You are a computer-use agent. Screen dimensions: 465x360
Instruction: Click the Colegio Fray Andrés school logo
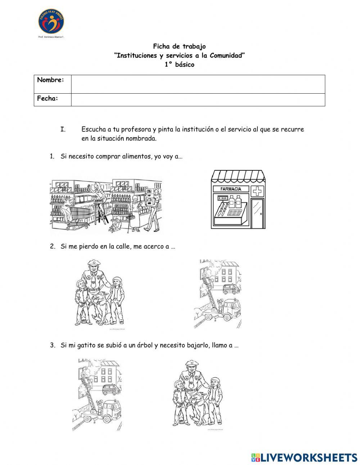[x=51, y=21]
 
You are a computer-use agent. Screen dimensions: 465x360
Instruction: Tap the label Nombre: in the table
[x=51, y=80]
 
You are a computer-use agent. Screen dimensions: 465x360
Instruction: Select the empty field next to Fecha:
[x=198, y=100]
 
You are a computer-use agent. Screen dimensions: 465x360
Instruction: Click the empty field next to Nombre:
[x=198, y=84]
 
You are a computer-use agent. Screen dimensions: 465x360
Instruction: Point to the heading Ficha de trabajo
[x=179, y=46]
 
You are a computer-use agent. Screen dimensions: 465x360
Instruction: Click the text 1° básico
[x=179, y=65]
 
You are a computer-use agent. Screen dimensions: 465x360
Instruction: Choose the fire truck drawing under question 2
[x=218, y=294]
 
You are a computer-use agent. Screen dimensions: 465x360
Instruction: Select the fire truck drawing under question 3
[x=99, y=394]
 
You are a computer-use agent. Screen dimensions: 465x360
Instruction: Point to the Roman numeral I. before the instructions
[x=63, y=129]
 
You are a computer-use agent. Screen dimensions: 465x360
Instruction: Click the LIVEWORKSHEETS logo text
[x=309, y=457]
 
